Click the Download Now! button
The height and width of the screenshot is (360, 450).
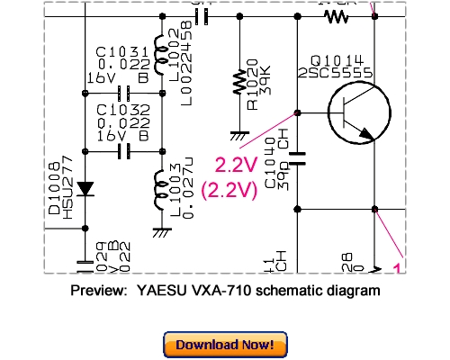tap(225, 344)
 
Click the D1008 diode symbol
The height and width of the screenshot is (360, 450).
tap(85, 189)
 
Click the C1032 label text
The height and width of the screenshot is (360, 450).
tap(118, 112)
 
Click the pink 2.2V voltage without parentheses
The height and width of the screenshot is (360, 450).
tap(235, 164)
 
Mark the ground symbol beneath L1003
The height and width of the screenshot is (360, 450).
tap(163, 231)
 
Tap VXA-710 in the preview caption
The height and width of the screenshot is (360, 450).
tap(216, 291)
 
